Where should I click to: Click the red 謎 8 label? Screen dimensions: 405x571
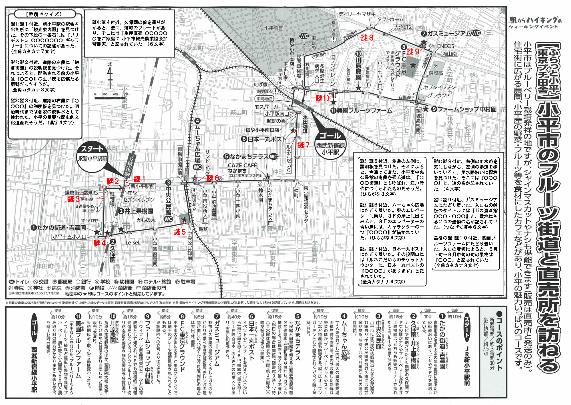point(367,37)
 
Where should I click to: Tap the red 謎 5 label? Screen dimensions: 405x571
point(180,232)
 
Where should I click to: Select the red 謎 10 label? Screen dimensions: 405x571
point(323,98)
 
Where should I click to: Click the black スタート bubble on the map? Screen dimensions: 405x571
point(92,149)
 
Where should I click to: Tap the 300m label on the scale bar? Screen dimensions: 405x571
point(126,94)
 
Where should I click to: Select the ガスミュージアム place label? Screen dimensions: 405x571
point(449,33)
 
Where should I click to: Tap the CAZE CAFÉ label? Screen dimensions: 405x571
point(242,165)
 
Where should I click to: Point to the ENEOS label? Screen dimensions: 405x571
point(445,46)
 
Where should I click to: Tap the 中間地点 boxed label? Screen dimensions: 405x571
point(264,99)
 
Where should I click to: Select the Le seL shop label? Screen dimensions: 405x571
point(133,242)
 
